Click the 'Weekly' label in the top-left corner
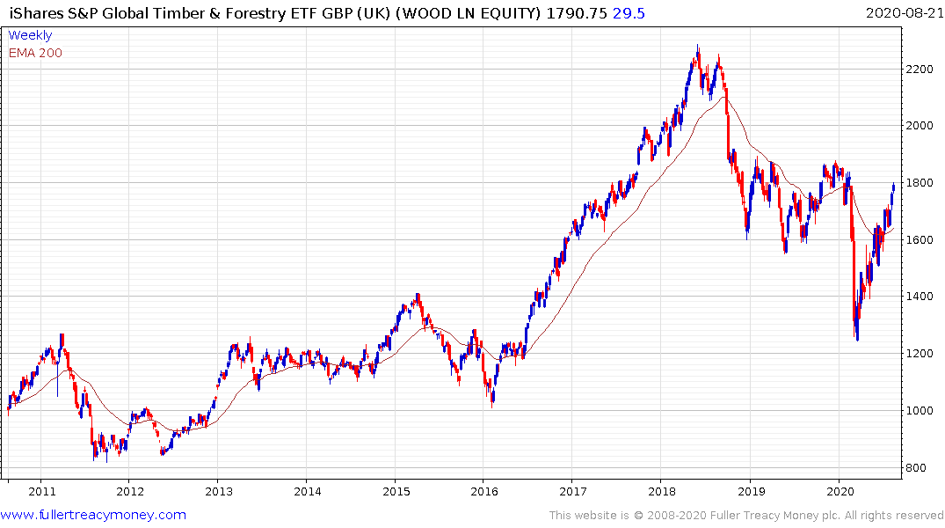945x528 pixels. [30, 35]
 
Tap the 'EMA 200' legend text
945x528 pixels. [35, 53]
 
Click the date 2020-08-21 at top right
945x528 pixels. [903, 12]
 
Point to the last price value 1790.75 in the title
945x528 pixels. [576, 12]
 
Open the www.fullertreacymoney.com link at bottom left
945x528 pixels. [93, 515]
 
